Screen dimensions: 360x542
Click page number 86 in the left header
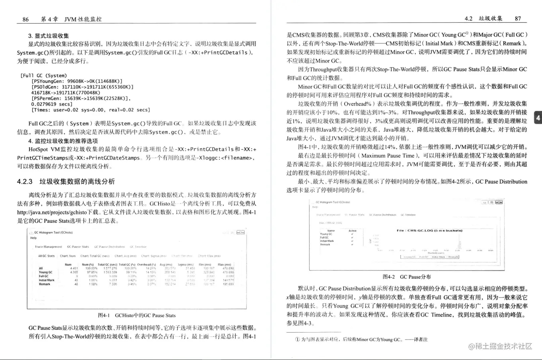[x=26, y=19]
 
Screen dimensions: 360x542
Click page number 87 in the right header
[x=518, y=18]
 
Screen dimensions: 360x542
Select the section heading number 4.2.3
[x=25, y=182]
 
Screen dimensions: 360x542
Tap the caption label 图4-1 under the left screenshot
[x=104, y=315]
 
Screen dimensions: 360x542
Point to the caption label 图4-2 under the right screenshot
[x=389, y=277]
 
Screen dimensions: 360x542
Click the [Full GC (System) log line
[x=44, y=75]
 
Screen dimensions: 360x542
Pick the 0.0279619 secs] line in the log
[x=52, y=104]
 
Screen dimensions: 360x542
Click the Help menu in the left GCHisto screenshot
[x=33, y=238]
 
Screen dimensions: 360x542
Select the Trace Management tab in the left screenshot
[x=48, y=247]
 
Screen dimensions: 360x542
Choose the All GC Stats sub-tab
[x=46, y=256]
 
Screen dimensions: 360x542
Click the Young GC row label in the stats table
[x=45, y=272]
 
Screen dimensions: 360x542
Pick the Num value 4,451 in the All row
[x=74, y=268]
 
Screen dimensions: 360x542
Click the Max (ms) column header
[x=224, y=264]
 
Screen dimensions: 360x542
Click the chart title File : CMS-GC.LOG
[x=429, y=231]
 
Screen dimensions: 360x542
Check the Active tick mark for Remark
[x=352, y=245]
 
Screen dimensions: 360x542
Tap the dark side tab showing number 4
[x=538, y=118]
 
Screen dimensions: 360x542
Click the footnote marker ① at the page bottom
[x=297, y=340]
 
